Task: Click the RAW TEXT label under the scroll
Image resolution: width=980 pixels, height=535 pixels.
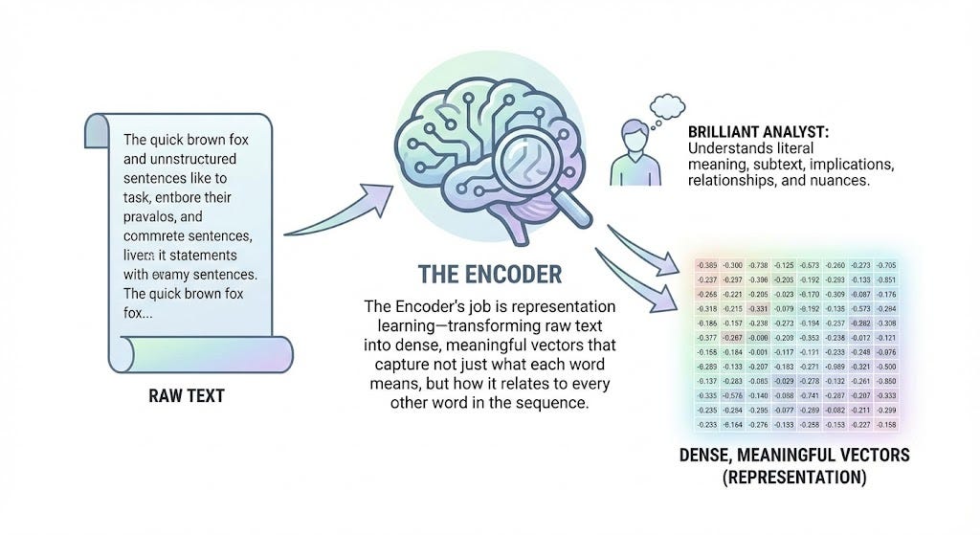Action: tap(186, 395)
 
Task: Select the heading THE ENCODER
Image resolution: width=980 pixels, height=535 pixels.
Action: tap(490, 274)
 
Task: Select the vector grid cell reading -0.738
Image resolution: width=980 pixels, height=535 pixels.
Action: tap(757, 265)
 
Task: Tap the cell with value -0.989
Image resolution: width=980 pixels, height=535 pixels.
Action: tap(835, 366)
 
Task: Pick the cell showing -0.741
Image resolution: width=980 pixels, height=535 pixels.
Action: tap(810, 394)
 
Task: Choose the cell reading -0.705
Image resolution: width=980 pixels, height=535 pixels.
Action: tap(886, 265)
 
